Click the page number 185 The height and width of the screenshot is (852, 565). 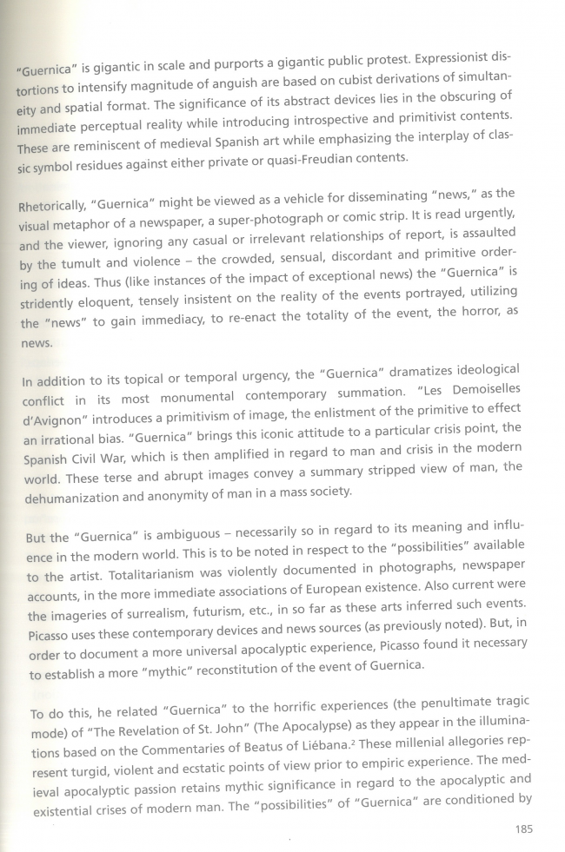(522, 829)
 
